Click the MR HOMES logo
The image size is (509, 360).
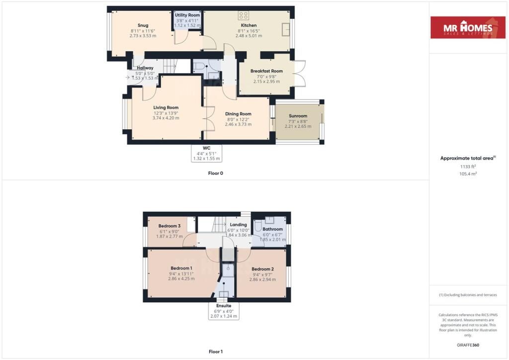[x=468, y=27]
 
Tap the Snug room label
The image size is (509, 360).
[x=143, y=25]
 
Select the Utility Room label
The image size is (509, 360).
[x=187, y=15]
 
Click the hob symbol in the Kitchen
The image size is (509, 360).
[x=243, y=15]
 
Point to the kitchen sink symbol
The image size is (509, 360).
[x=286, y=29]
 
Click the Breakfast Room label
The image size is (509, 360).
[x=266, y=71]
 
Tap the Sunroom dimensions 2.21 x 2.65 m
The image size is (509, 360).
[x=298, y=126]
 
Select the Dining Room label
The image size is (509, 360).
[x=238, y=114]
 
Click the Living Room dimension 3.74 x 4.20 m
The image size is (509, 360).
[x=166, y=118]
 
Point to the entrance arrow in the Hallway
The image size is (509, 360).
[x=128, y=78]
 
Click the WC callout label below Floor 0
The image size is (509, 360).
[x=206, y=148]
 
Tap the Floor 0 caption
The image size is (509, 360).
[x=216, y=174]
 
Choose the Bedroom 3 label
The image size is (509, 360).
[x=170, y=226]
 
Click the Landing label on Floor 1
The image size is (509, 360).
[x=238, y=225]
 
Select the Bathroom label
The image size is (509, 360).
[x=273, y=229]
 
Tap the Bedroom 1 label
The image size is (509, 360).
[x=181, y=268]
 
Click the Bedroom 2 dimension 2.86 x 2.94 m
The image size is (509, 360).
[x=262, y=279]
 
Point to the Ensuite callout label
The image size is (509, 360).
[x=224, y=306]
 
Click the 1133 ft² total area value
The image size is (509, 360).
[x=468, y=167]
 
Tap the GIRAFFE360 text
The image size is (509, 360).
[x=468, y=345]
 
